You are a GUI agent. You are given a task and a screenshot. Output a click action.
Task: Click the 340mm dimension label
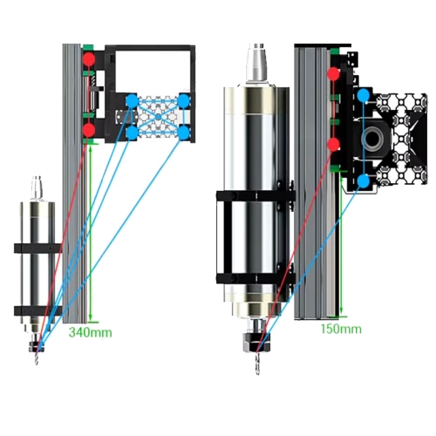90,332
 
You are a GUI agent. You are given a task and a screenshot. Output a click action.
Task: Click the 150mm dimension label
341,329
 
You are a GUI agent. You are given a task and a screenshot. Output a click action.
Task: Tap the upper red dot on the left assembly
89,59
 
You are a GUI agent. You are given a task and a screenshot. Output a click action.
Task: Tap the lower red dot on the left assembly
89,130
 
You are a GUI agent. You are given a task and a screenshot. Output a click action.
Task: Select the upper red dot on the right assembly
333,73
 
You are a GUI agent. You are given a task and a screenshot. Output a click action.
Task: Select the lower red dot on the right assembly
333,145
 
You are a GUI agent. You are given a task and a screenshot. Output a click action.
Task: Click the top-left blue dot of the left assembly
132,101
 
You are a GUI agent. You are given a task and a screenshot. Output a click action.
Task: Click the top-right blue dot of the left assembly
184,100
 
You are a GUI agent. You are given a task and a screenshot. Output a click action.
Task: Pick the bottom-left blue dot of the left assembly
132,133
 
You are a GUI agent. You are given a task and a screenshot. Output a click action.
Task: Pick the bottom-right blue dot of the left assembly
184,133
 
